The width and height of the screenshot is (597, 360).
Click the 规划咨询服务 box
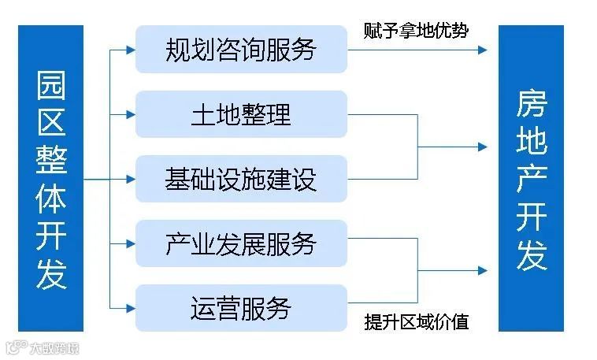[x=241, y=50]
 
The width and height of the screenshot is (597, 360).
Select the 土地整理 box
[x=241, y=114]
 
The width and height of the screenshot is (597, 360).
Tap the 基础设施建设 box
[x=241, y=179]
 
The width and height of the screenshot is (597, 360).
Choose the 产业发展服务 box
[x=241, y=243]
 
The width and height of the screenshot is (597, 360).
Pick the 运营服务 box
[x=241, y=307]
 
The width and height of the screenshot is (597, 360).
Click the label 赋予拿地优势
[x=416, y=31]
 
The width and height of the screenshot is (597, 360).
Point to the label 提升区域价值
[x=417, y=322]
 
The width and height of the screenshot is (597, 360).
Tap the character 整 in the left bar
[x=51, y=160]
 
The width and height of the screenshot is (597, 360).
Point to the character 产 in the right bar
[x=532, y=181]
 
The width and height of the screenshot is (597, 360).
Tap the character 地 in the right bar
[x=532, y=143]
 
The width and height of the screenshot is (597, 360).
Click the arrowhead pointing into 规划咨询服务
[x=131, y=50]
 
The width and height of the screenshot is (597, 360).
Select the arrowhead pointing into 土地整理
[x=131, y=114]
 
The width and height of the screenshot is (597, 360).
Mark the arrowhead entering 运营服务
[x=131, y=307]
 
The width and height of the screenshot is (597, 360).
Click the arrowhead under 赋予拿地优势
[x=481, y=50]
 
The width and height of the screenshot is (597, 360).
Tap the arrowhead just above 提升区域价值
[x=481, y=271]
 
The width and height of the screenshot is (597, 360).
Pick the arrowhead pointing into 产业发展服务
[x=131, y=243]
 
